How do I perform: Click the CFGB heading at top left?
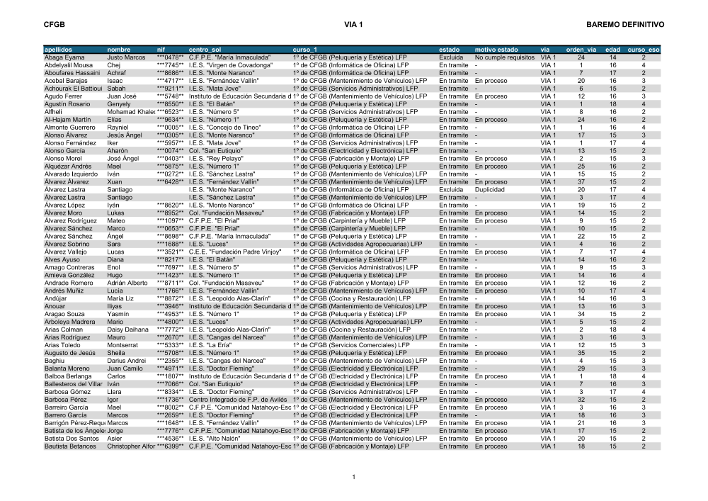(x=54, y=25)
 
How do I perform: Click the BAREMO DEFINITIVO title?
(x=623, y=25)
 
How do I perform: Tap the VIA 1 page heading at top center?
(x=353, y=25)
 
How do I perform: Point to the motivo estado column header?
(x=496, y=50)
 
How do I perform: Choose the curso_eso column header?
(x=644, y=50)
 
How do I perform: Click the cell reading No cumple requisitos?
(x=505, y=57)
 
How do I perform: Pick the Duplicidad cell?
(x=490, y=189)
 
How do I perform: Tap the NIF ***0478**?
(x=170, y=57)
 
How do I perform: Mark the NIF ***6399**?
(x=170, y=446)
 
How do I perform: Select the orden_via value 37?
(x=581, y=181)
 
